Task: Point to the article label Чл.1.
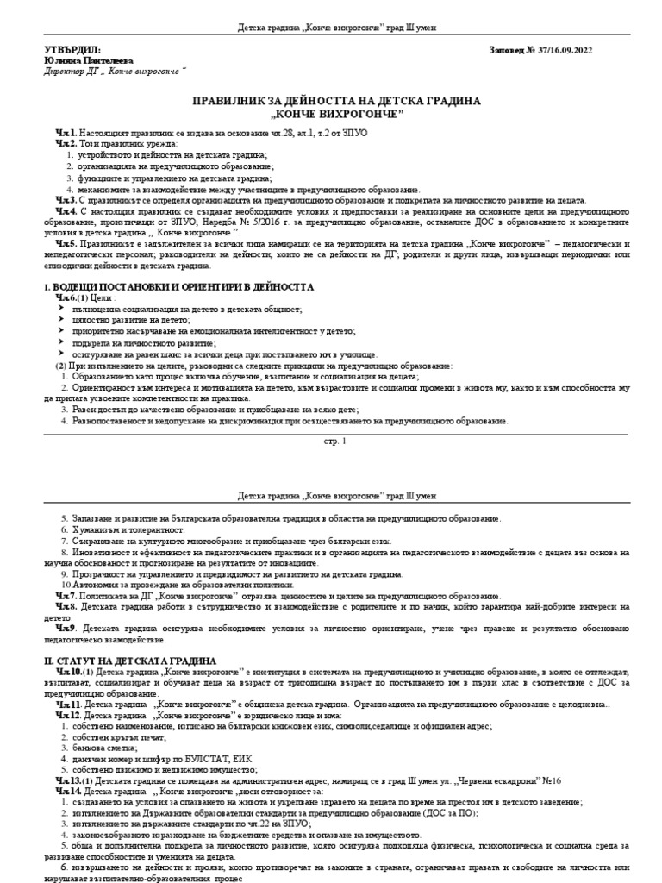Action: click(x=66, y=131)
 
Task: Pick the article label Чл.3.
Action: click(x=66, y=199)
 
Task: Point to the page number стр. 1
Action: click(x=331, y=442)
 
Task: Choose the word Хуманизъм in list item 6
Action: click(x=93, y=529)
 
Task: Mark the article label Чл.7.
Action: click(x=66, y=596)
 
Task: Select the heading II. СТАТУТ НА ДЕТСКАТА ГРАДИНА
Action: click(x=124, y=659)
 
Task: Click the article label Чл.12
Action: click(x=69, y=715)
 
